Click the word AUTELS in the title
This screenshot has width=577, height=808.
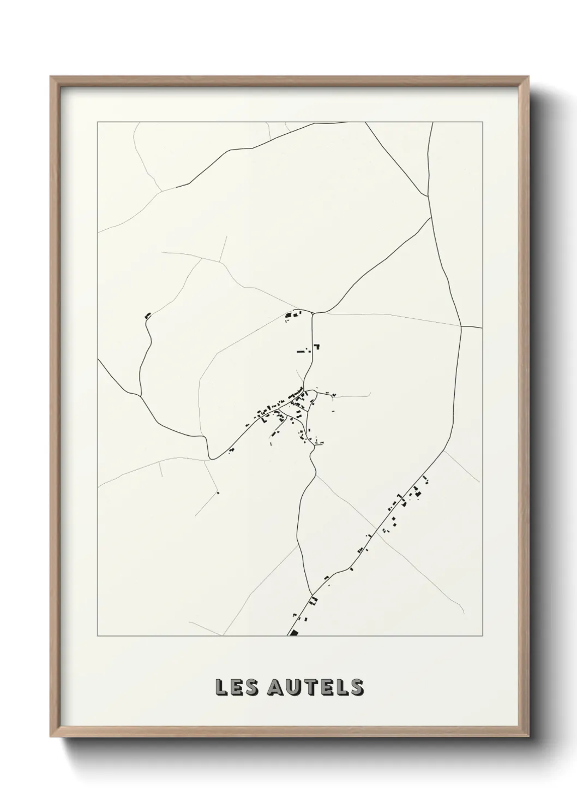click(x=315, y=687)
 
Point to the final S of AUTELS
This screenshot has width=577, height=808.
click(x=357, y=687)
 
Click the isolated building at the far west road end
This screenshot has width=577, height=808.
click(x=147, y=315)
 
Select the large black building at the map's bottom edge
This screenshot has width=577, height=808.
click(x=294, y=632)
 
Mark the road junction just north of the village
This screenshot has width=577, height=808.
click(x=312, y=313)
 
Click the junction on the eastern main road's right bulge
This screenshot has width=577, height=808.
click(x=461, y=327)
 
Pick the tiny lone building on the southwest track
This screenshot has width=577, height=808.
click(x=218, y=493)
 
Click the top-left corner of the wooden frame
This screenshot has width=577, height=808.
click(x=51, y=77)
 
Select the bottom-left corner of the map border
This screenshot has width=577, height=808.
click(x=98, y=636)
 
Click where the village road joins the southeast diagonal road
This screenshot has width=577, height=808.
click(x=311, y=594)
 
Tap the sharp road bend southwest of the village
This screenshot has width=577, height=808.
click(x=209, y=458)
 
